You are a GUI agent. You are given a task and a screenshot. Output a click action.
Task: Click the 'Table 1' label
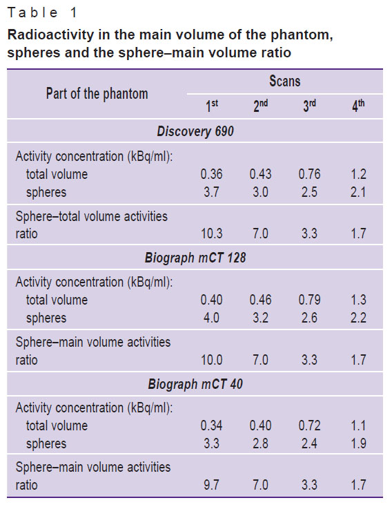click(42, 13)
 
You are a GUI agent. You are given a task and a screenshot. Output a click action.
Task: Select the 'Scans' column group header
click(285, 81)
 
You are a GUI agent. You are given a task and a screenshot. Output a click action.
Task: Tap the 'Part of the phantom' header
click(97, 94)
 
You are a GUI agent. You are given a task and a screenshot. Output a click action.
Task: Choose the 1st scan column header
click(212, 106)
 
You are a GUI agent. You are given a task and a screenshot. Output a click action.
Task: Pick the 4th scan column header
click(358, 106)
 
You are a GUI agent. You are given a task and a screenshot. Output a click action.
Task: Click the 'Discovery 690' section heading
click(195, 131)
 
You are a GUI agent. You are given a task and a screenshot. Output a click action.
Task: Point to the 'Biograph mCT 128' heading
click(195, 258)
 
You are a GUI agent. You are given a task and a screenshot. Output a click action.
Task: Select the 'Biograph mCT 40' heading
click(195, 384)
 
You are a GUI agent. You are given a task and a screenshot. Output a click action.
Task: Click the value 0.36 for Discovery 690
click(212, 174)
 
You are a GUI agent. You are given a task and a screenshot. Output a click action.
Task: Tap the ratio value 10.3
click(212, 233)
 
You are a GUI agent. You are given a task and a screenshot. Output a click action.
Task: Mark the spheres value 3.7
click(212, 193)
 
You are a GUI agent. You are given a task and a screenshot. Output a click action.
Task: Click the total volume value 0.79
click(309, 300)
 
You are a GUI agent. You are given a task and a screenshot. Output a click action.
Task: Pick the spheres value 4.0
click(212, 318)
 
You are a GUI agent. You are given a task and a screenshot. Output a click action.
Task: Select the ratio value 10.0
click(212, 360)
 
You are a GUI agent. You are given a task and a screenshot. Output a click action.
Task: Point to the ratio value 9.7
click(212, 485)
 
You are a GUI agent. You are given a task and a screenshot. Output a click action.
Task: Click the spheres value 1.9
click(358, 443)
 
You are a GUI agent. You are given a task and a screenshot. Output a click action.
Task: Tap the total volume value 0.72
click(309, 425)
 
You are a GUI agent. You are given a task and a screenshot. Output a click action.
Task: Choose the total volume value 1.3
click(358, 300)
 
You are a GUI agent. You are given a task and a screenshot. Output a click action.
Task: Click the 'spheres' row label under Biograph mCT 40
click(46, 444)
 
